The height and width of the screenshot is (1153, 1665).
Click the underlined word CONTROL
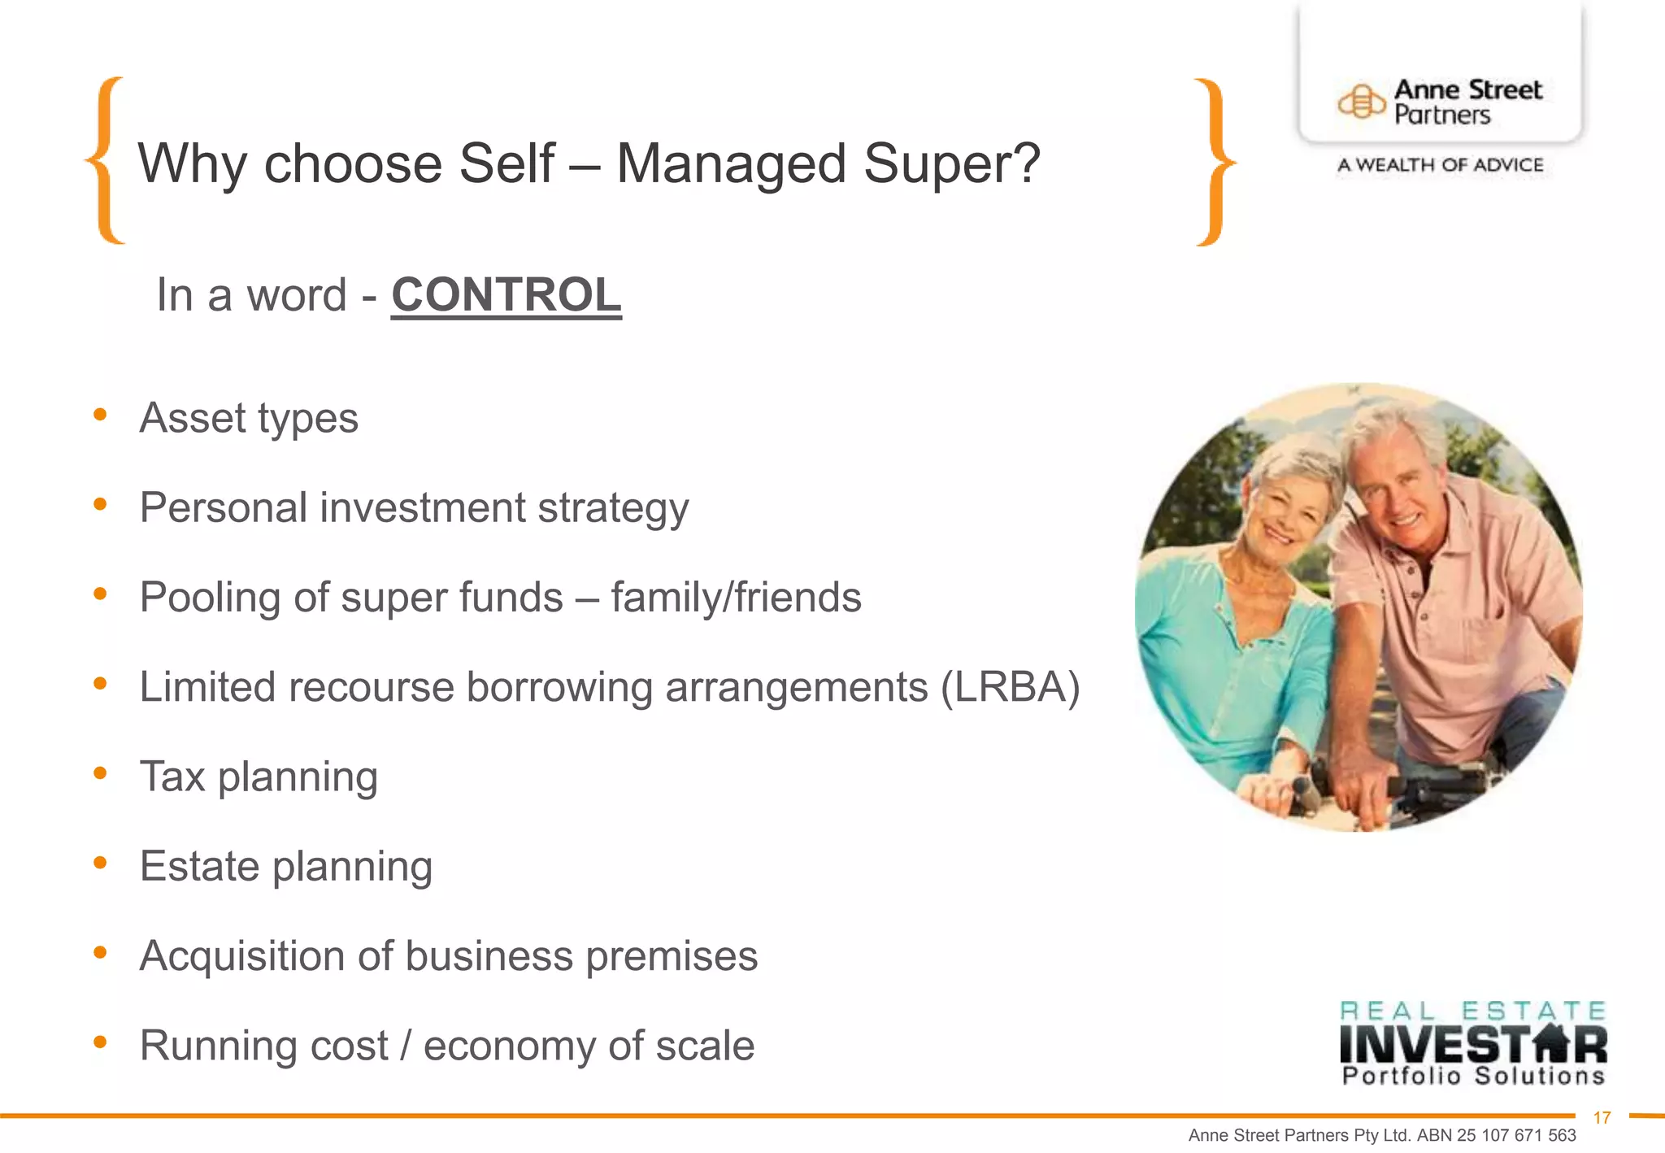coord(506,294)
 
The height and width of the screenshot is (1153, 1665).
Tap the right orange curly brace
coord(1214,162)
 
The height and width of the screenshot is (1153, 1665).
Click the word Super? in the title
coord(951,163)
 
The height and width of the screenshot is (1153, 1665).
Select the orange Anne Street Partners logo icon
coord(1361,102)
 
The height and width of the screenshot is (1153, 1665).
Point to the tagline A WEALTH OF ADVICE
coord(1440,165)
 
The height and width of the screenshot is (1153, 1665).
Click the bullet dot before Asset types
coord(100,416)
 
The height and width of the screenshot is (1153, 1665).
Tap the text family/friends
coord(736,598)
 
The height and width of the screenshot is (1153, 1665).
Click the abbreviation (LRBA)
coord(1011,687)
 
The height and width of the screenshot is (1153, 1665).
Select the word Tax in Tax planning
coord(172,777)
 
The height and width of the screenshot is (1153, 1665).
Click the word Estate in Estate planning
coord(199,866)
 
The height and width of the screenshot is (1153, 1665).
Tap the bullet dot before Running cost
coord(100,1042)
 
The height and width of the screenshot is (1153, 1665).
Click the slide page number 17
coord(1602,1118)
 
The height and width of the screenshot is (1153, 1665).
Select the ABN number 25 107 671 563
coord(1516,1136)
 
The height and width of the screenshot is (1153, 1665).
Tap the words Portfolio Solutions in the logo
coord(1472,1077)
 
